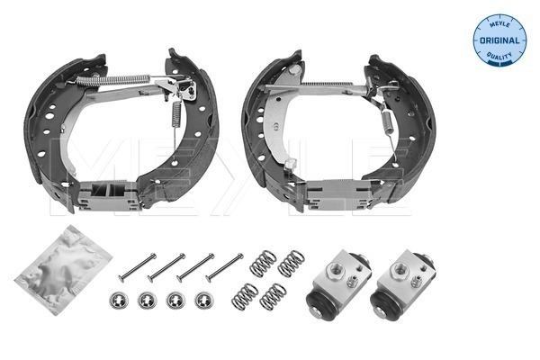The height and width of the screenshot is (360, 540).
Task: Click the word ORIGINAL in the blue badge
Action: point(499,40)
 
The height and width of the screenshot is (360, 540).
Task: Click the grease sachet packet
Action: point(63,270)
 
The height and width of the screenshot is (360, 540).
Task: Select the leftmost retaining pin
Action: point(137,267)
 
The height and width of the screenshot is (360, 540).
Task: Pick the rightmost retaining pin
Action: point(224,267)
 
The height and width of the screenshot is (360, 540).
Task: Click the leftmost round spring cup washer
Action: point(119,300)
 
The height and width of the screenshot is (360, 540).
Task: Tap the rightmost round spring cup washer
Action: point(204,300)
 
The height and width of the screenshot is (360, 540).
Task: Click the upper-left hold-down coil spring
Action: point(263,264)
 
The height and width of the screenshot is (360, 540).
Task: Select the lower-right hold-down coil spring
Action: point(273,296)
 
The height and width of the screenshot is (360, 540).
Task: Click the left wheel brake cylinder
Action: point(338,284)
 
